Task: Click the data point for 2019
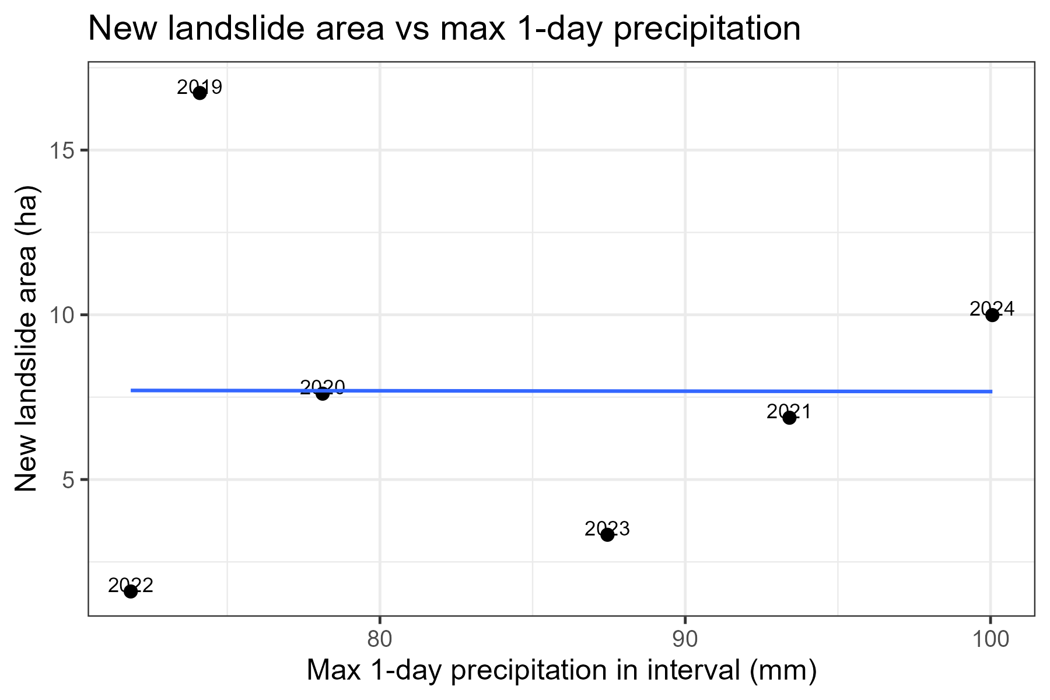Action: (199, 93)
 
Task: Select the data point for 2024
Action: (992, 315)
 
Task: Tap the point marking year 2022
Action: (131, 591)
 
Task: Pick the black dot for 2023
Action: (607, 534)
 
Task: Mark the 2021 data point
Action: (789, 418)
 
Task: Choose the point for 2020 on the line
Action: (323, 394)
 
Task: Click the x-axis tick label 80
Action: (380, 639)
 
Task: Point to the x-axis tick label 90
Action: (685, 639)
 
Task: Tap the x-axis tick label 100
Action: (990, 639)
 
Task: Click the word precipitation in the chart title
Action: (707, 29)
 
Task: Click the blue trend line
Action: (525, 391)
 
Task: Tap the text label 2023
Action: (607, 528)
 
